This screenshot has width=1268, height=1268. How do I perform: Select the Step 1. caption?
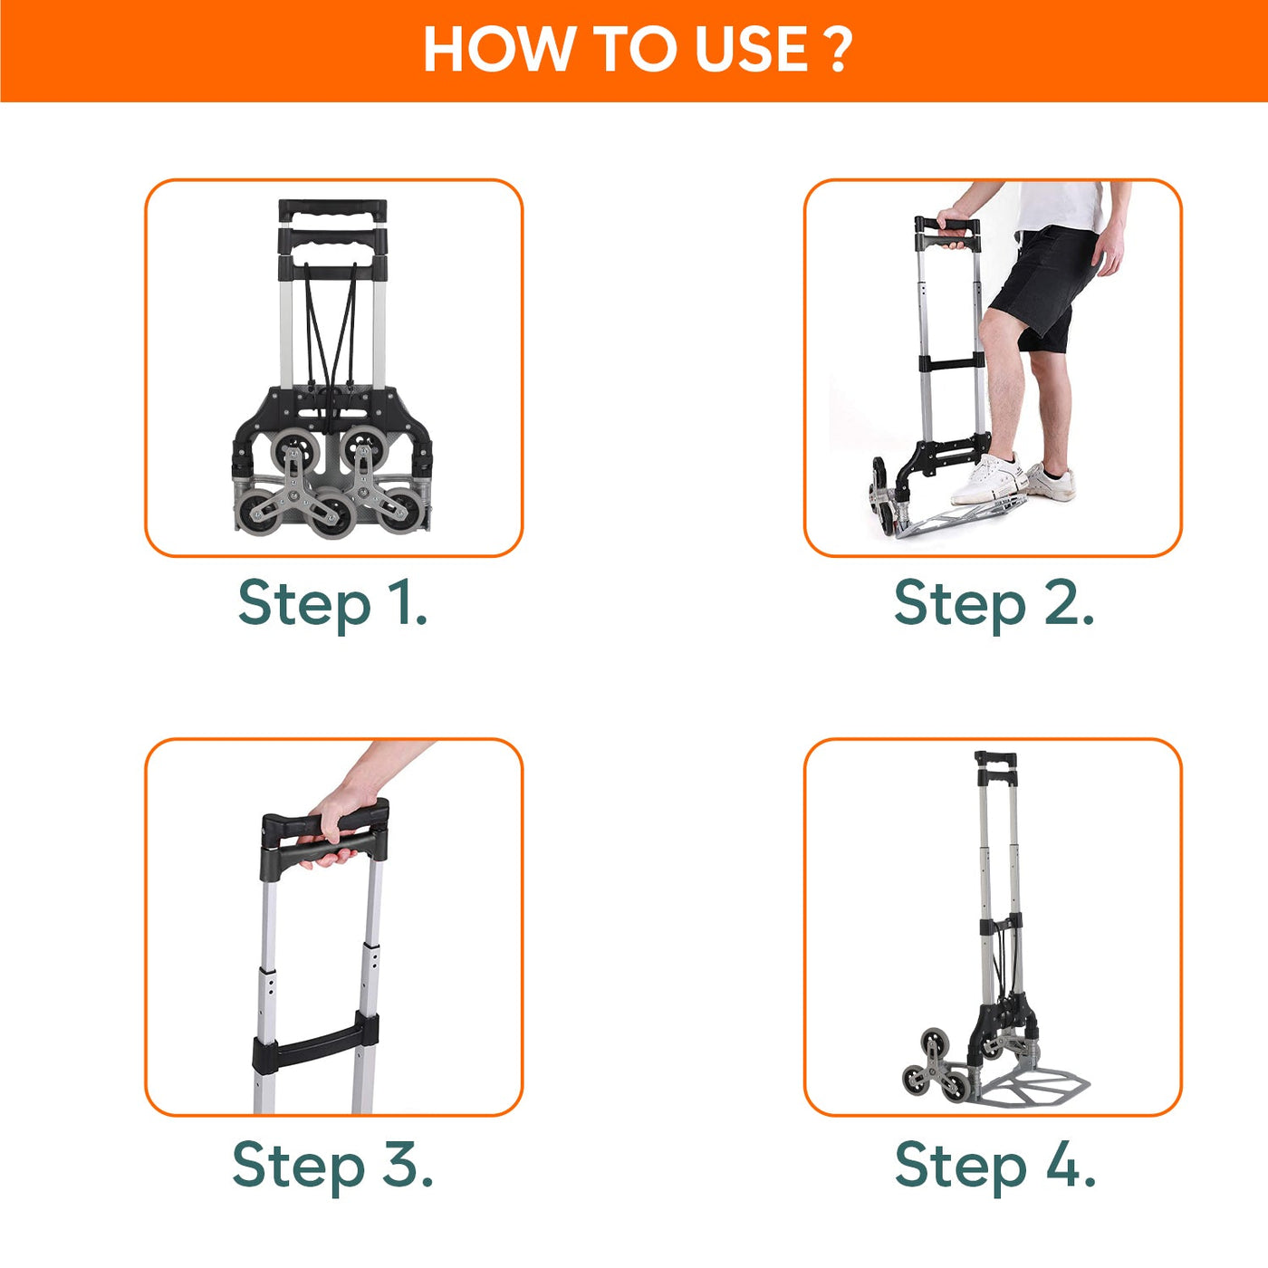pos(332,604)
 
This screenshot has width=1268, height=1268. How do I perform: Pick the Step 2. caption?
pos(994,604)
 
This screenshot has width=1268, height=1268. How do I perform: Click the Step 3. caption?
pos(332,1166)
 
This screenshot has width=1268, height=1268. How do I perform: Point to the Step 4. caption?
pos(994,1166)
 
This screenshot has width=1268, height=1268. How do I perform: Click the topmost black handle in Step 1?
pos(332,212)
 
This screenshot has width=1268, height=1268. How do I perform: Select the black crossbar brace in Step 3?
pos(316,1051)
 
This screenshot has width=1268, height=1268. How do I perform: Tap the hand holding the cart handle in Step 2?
pos(952,222)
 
